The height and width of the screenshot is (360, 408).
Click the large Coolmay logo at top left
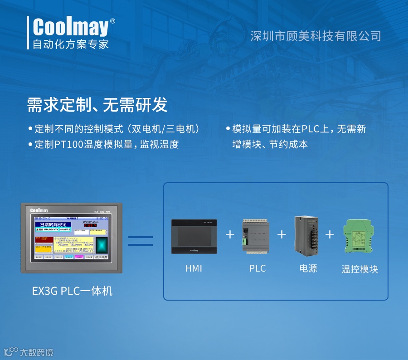(x=71, y=27)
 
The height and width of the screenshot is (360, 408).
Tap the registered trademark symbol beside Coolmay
(x=112, y=21)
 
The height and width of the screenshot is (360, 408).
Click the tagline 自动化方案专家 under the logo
(x=71, y=44)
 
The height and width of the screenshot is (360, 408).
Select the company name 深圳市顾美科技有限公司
(x=316, y=36)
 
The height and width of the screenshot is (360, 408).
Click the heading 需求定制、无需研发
(x=97, y=105)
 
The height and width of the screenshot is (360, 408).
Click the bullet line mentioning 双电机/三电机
(x=117, y=129)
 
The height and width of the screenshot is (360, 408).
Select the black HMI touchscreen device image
(x=194, y=236)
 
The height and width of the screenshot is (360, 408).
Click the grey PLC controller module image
(x=256, y=235)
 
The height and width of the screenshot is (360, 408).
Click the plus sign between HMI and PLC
(x=230, y=234)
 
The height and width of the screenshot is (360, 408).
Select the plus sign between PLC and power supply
(x=282, y=234)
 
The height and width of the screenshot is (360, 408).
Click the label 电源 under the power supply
(x=308, y=268)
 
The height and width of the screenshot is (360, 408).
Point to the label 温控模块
(x=359, y=269)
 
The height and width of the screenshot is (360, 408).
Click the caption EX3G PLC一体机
(x=72, y=291)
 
